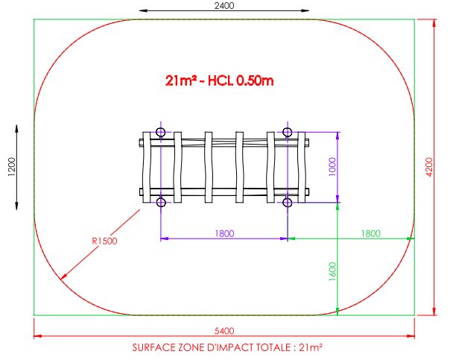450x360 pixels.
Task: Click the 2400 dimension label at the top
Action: pos(224,6)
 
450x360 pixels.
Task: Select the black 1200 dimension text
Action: pos(11,167)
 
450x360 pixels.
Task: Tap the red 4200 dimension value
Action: pos(429,167)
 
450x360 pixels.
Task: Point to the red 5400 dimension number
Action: pos(224,331)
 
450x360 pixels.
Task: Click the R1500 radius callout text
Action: pos(104,241)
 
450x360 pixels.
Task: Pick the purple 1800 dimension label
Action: pos(224,233)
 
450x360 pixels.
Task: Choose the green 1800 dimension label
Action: pos(370,233)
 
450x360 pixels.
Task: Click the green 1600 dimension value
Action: pos(332,271)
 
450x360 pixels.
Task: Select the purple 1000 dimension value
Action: pos(332,167)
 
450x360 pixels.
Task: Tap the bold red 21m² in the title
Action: pos(181,80)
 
